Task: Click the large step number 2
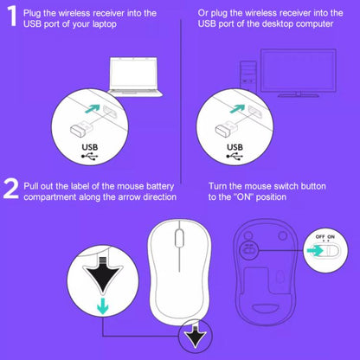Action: click(x=10, y=188)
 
